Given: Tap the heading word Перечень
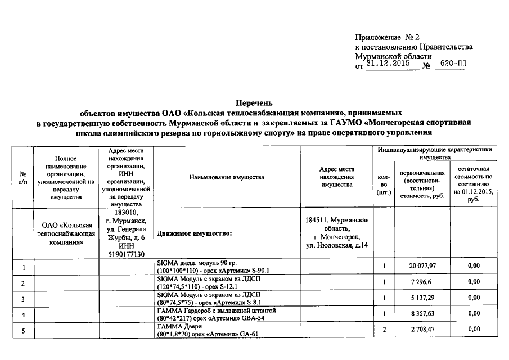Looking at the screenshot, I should pyautogui.click(x=254, y=103).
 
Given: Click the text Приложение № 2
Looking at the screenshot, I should pyautogui.click(x=388, y=37).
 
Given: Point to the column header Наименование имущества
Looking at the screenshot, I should pyautogui.click(x=227, y=177).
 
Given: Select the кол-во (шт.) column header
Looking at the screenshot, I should pyautogui.click(x=384, y=184).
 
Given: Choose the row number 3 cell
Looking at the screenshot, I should pyautogui.click(x=23, y=298).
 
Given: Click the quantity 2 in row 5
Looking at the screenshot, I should pyautogui.click(x=384, y=329).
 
